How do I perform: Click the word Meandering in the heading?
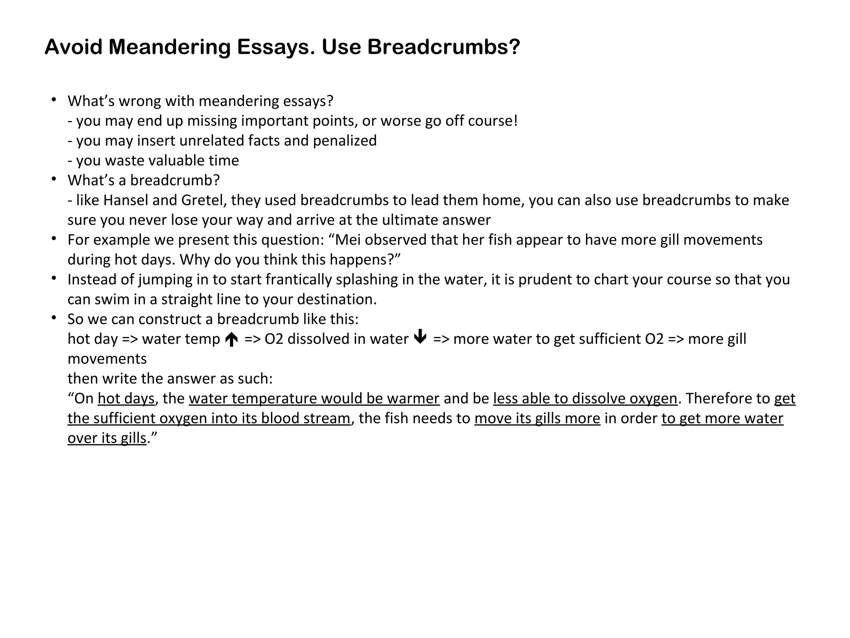click(169, 47)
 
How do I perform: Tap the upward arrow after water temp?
click(232, 340)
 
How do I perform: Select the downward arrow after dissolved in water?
click(420, 337)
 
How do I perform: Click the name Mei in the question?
click(348, 240)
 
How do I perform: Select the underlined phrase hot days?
click(126, 399)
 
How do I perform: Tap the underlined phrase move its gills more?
click(537, 418)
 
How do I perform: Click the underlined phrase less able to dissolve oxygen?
click(585, 399)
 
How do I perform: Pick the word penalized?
click(344, 141)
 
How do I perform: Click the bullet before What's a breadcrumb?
click(54, 179)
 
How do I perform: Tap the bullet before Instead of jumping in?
click(54, 278)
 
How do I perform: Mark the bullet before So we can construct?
click(54, 318)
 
